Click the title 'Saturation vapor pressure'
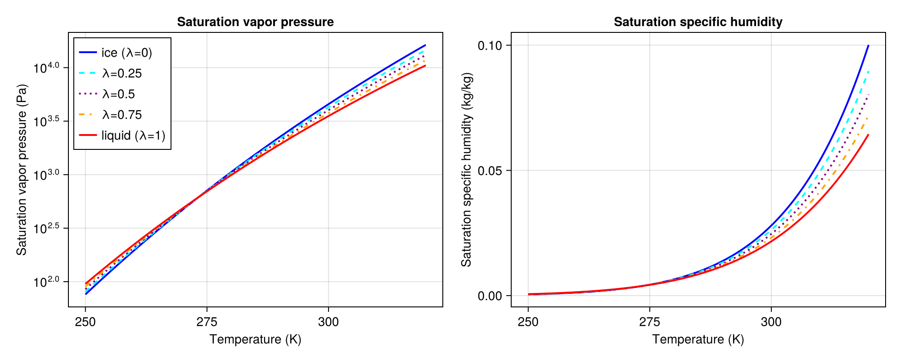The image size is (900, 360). tap(255, 22)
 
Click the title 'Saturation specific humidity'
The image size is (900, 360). tap(698, 22)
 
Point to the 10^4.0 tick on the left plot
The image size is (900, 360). tap(46, 68)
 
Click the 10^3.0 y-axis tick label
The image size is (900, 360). tap(46, 175)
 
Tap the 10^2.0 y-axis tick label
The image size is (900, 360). tap(46, 282)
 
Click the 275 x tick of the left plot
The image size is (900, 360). tap(207, 322)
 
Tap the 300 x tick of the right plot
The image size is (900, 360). tap(771, 322)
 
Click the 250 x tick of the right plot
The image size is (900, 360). tap(528, 322)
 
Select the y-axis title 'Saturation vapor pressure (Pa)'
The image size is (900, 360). tap(22, 170)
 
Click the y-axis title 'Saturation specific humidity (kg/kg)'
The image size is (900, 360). tap(466, 170)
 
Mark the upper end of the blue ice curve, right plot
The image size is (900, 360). tap(868, 46)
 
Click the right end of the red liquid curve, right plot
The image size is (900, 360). tap(868, 135)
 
